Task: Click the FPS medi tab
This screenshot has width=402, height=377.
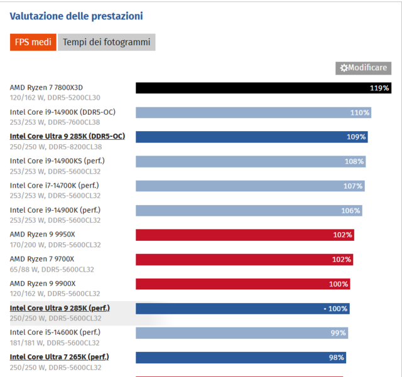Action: click(33, 42)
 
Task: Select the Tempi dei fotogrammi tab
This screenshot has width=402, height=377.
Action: click(106, 42)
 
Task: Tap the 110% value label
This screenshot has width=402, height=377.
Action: click(360, 113)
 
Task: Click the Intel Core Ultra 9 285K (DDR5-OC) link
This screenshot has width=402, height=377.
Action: click(67, 136)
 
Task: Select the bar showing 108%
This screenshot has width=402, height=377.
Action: click(251, 161)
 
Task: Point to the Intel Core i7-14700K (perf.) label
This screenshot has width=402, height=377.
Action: click(54, 185)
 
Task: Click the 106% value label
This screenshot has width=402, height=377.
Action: click(351, 211)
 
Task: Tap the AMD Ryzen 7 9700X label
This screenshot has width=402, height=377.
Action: click(42, 258)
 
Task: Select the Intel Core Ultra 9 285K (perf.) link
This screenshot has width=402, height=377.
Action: click(60, 308)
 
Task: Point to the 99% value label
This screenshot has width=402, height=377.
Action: click(339, 333)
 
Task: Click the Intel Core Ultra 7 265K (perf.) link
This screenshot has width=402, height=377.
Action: click(59, 357)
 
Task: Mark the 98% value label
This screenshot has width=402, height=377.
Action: click(337, 358)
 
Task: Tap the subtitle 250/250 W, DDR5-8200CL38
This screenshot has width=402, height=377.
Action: click(55, 147)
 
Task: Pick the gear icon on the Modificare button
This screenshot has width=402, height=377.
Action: click(344, 68)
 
